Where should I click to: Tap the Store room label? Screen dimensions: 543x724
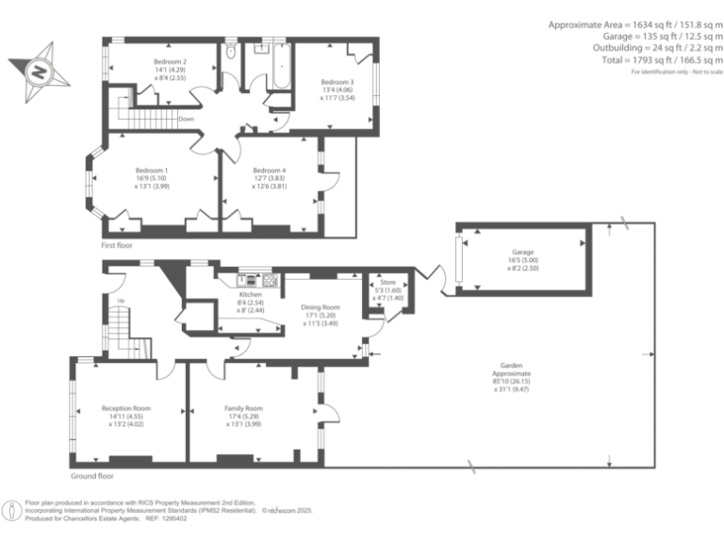pyautogui.click(x=387, y=282)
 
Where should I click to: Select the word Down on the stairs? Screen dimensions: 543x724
pyautogui.click(x=187, y=120)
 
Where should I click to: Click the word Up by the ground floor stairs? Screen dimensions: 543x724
pyautogui.click(x=121, y=301)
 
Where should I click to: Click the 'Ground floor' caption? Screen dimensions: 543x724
pyautogui.click(x=91, y=464)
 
